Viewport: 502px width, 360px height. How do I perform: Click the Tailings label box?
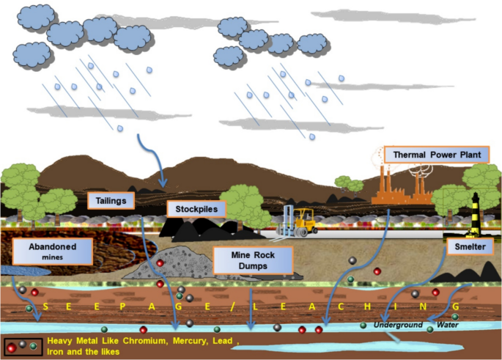[x=111, y=201]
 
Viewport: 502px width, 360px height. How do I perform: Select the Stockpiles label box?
[x=196, y=209]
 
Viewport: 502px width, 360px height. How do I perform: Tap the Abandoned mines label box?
[x=53, y=251]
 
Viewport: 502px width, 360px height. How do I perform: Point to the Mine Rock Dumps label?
[x=253, y=260]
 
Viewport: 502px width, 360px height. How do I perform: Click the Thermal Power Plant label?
[x=437, y=155]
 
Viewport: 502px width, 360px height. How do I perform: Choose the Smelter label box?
[x=470, y=246]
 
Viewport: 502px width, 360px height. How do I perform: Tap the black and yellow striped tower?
[x=476, y=214]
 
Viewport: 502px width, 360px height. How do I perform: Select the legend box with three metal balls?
[x=23, y=347]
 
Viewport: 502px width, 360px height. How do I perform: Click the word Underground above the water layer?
[x=398, y=325]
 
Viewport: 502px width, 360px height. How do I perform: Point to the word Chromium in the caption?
[x=145, y=340]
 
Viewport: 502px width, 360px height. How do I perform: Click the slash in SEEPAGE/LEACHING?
[x=232, y=306]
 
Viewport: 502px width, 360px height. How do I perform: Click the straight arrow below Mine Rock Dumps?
[x=251, y=309]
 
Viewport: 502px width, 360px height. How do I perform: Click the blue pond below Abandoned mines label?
[x=26, y=271]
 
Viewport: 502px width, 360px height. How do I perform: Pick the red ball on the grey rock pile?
[x=160, y=263]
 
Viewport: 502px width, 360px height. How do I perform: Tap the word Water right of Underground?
[x=448, y=325]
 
